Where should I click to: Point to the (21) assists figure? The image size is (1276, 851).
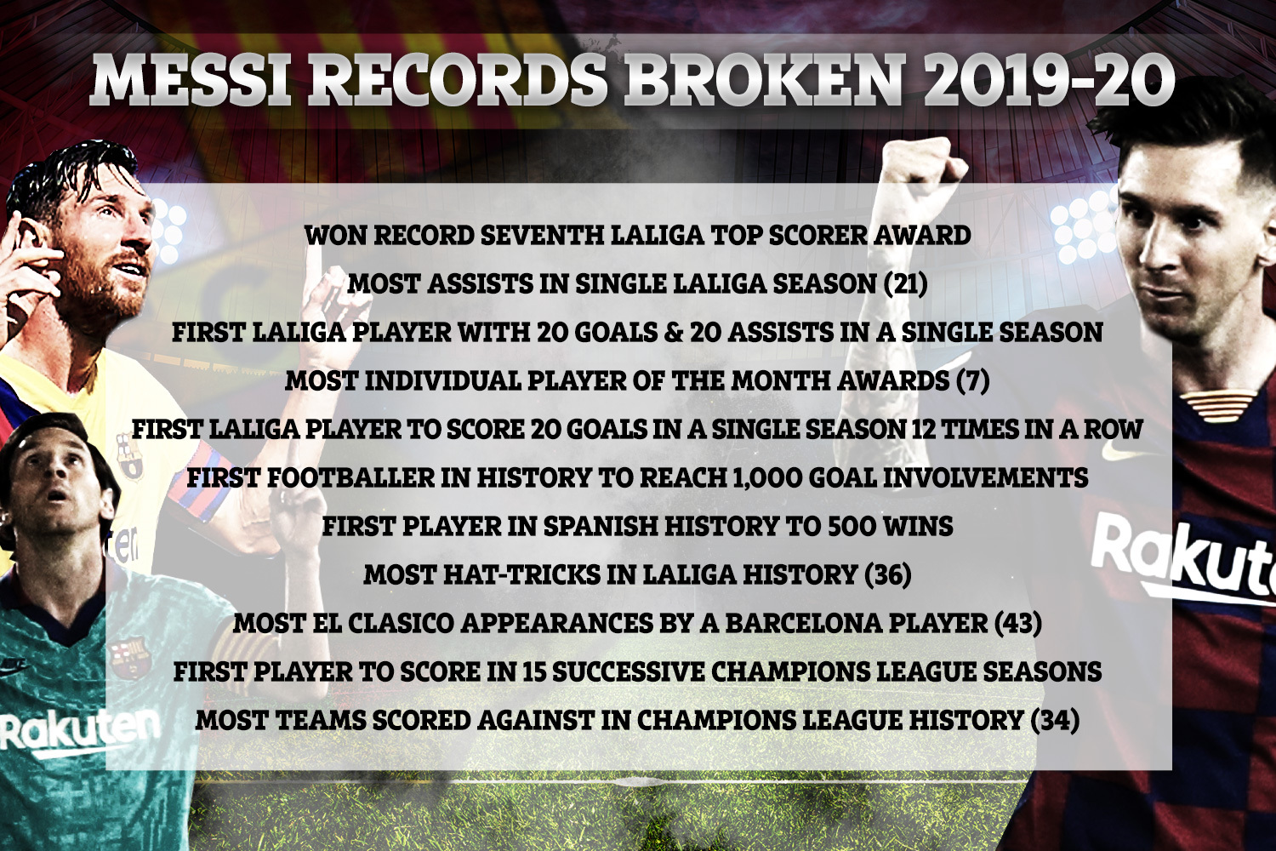pos(904,284)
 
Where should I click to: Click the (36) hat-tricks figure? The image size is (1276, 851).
pos(887,574)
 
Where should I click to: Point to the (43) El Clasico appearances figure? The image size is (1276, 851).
pos(1017,623)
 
